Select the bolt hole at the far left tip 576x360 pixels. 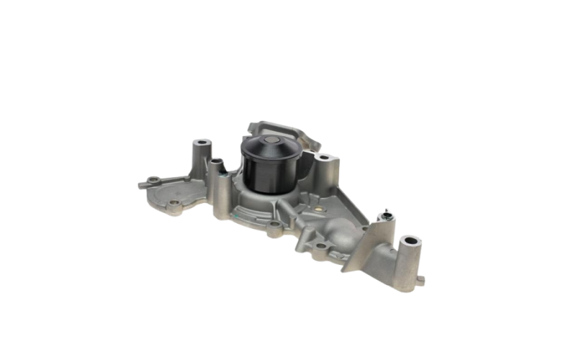(x=150, y=178)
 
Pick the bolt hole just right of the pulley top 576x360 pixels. (x=322, y=156)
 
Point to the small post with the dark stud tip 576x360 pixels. (x=387, y=214)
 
